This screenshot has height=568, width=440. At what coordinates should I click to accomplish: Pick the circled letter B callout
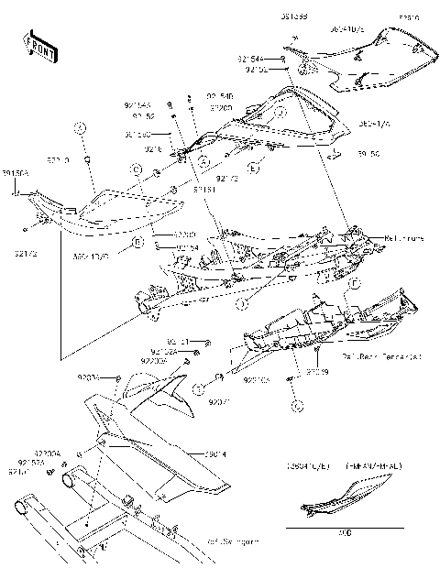pos(137,243)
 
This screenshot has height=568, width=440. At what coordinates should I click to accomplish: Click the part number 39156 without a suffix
pos(368,155)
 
